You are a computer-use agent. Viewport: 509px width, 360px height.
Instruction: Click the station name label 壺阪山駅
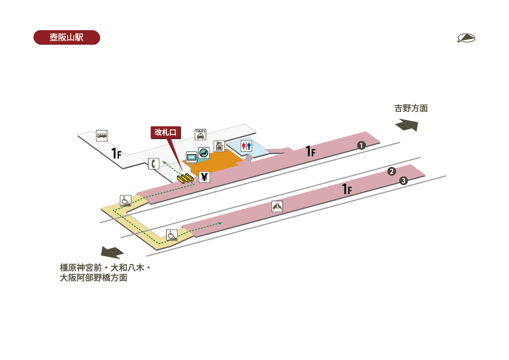[x=66, y=37]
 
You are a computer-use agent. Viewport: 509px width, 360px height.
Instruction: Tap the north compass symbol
[x=466, y=38]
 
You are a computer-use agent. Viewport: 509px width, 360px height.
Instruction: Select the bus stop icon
[x=102, y=135]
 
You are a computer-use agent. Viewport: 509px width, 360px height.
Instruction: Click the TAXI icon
[x=200, y=134]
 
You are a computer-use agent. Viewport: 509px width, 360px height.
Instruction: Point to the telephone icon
[x=154, y=163]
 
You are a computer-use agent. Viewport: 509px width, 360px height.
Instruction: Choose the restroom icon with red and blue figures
[x=246, y=146]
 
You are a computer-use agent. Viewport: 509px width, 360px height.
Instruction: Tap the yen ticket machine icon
[x=204, y=177]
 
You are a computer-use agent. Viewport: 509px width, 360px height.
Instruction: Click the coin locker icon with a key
[x=219, y=146]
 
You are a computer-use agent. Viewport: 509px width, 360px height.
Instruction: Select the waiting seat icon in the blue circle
[x=204, y=153]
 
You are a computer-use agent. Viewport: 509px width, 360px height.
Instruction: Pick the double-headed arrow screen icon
[x=192, y=157]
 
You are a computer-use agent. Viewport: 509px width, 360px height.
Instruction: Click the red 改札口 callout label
[x=166, y=132]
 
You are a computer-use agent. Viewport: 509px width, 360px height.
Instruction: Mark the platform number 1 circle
[x=361, y=146]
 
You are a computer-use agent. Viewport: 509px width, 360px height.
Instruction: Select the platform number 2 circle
[x=392, y=172]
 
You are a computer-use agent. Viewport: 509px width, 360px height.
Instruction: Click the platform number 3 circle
[x=403, y=181]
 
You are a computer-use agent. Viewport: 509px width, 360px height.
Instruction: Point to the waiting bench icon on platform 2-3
[x=277, y=207]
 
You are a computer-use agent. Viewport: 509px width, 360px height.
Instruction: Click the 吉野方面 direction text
[x=411, y=108]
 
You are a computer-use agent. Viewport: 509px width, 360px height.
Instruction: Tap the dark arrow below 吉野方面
[x=407, y=125]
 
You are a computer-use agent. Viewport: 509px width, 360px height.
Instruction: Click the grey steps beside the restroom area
[x=249, y=157]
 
